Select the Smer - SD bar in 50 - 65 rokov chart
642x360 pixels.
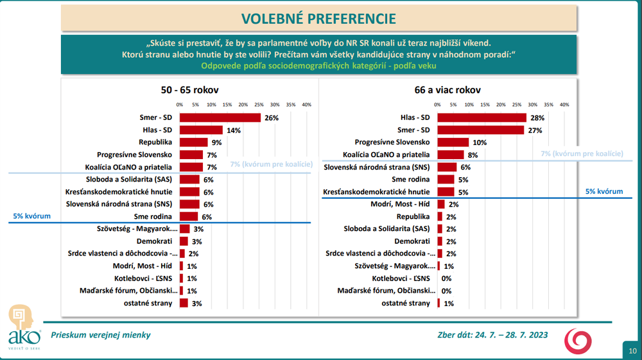pos(220,117)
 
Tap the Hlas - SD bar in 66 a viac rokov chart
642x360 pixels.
pos(481,117)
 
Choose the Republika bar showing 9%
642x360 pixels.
pos(193,142)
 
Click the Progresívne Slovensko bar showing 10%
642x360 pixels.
pos(453,142)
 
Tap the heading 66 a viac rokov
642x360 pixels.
pos(447,90)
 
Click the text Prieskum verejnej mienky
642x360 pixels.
pos(101,334)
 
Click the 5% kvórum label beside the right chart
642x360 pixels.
pos(603,191)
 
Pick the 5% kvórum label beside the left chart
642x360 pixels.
pos(31,217)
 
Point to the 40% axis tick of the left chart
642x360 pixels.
pos(306,105)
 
